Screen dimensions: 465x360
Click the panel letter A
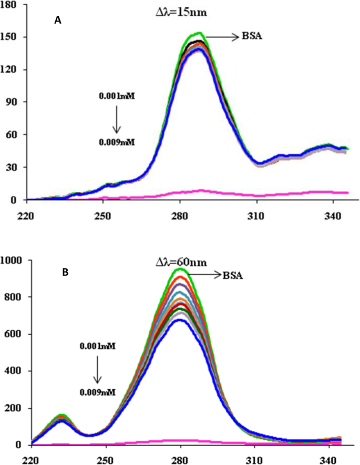click(58, 20)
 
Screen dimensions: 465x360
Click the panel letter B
click(66, 272)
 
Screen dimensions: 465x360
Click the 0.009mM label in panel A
click(117, 141)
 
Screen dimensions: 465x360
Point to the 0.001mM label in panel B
click(97, 346)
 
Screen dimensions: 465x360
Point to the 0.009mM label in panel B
click(97, 391)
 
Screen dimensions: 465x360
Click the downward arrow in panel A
click(117, 119)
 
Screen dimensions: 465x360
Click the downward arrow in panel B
click(97, 369)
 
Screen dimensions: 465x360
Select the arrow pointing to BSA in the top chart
click(221, 37)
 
